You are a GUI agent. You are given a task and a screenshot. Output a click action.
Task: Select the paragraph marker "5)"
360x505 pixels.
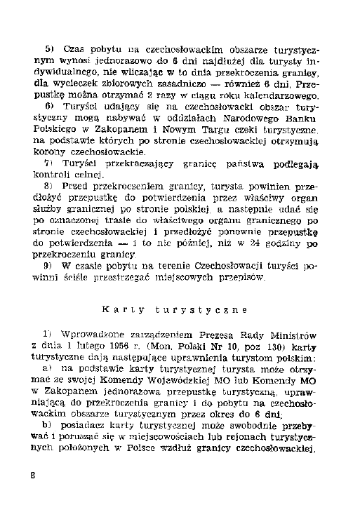tap(50, 50)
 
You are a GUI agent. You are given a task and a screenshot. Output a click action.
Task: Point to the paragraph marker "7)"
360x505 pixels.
tap(49, 163)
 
